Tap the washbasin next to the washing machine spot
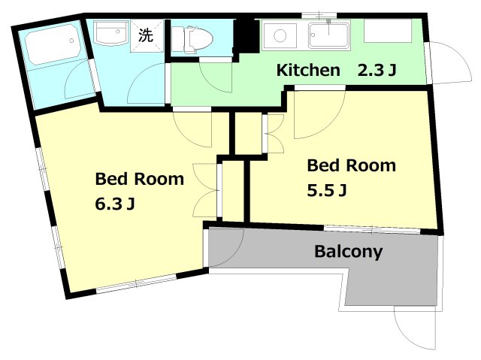[113, 35]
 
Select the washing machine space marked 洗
[146, 34]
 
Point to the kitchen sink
[328, 34]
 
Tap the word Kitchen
[308, 71]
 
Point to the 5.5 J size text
[326, 190]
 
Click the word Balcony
[348, 251]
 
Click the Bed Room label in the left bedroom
[139, 179]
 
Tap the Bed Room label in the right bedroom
[351, 165]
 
